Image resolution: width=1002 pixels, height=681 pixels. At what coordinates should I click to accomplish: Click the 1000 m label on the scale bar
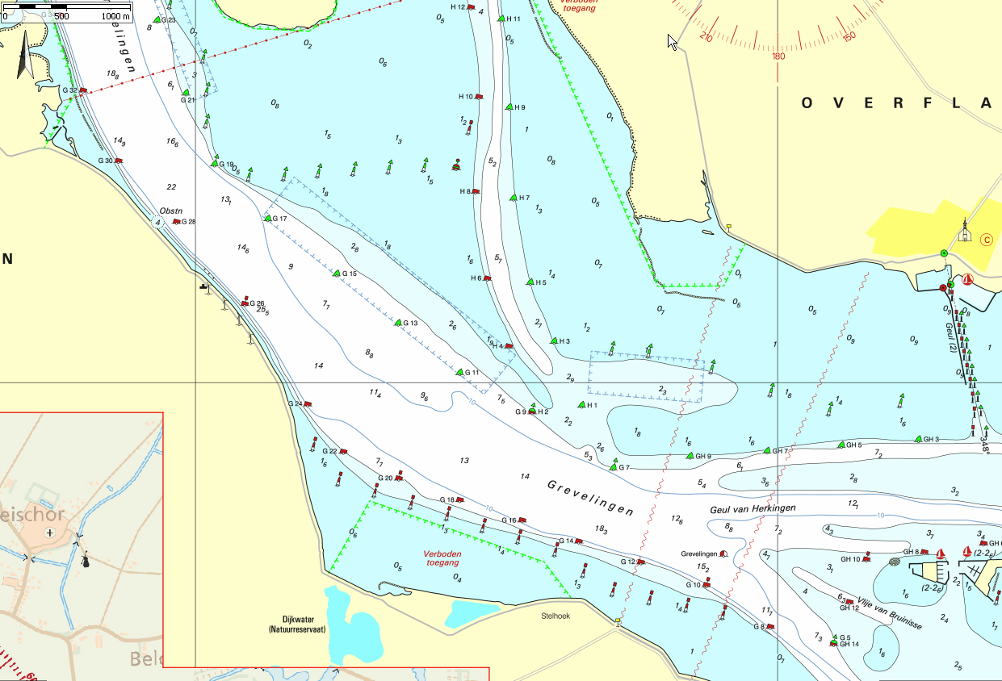114,16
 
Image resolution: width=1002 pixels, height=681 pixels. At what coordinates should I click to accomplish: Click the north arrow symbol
23,55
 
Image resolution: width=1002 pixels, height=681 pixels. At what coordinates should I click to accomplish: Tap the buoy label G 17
280,219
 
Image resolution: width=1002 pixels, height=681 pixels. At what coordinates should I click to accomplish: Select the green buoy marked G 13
398,323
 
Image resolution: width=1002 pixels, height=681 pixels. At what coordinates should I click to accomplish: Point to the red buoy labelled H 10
479,97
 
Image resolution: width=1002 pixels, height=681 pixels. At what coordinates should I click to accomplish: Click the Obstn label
171,211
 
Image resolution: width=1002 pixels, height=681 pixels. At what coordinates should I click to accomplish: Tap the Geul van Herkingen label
753,509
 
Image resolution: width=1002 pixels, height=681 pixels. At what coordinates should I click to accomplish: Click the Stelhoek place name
556,615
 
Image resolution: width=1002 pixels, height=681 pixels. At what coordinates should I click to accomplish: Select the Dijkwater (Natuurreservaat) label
296,625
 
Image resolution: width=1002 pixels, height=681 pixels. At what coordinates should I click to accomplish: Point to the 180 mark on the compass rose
778,56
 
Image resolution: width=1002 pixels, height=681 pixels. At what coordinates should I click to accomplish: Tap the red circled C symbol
985,239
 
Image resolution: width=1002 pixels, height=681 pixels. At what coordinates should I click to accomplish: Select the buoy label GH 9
703,457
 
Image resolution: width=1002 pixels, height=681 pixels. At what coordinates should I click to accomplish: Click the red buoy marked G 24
308,403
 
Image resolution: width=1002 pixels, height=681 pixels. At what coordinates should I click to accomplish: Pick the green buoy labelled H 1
581,404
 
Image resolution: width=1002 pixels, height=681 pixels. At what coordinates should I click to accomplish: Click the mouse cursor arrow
672,41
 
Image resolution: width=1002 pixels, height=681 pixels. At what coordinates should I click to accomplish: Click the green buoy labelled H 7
513,198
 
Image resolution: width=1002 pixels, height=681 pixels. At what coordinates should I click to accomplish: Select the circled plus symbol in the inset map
50,533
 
